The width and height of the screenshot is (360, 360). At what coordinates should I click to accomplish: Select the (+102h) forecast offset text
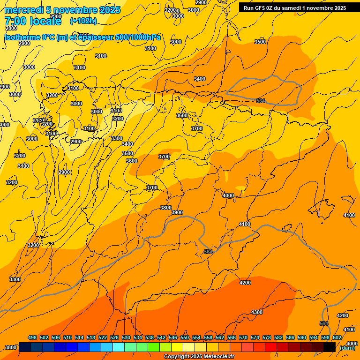point(83,21)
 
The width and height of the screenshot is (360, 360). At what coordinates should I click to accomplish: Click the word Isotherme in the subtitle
point(22,37)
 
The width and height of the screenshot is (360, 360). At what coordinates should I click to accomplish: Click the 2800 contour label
point(11,28)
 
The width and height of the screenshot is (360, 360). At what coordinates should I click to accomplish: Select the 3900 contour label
point(177,212)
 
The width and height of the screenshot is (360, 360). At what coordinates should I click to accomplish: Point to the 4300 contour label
point(257,312)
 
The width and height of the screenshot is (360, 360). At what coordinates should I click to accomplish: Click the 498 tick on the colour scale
point(32,337)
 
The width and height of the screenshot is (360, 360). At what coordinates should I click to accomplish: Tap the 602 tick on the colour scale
point(337,337)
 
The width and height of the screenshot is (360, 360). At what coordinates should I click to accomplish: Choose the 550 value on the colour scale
point(185,337)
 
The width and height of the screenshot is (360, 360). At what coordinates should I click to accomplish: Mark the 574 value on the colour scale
point(255,337)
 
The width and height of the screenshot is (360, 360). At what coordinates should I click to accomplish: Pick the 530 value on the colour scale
point(126,337)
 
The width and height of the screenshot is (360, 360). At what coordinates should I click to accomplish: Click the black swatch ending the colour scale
point(330,347)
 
